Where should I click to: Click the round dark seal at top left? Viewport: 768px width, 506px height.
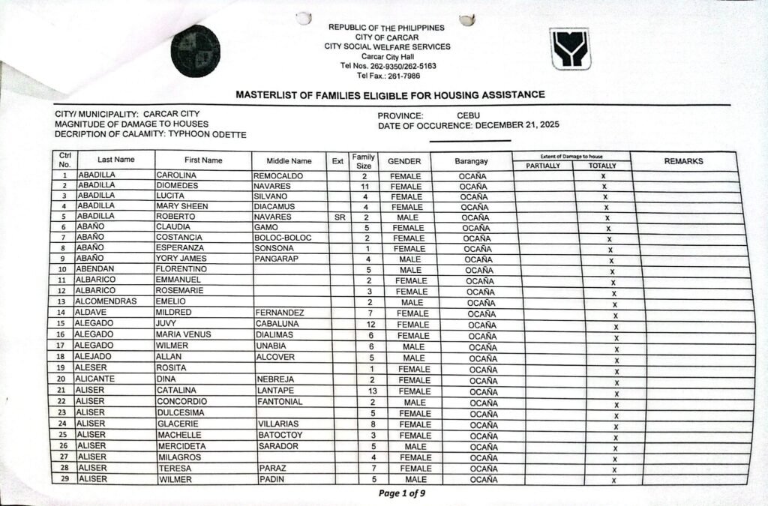(x=195, y=51)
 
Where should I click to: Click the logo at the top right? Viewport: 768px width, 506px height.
(x=570, y=49)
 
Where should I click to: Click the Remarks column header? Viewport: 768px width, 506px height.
(x=683, y=161)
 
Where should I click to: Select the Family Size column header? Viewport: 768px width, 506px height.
(x=364, y=160)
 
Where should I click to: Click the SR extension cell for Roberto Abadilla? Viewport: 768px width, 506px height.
(x=337, y=217)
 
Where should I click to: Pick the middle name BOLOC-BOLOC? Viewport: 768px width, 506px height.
(x=283, y=238)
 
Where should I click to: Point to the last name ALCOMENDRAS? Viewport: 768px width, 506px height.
(x=106, y=301)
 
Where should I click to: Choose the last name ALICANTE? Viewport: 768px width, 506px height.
(x=99, y=379)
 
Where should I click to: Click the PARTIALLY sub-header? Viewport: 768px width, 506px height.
(x=543, y=166)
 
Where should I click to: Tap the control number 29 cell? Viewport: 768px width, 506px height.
(x=64, y=479)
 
